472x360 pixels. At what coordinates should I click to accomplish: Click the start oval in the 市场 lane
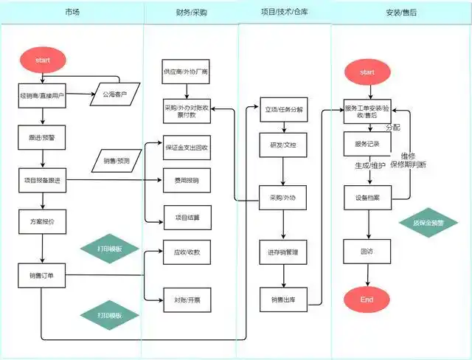(x=43, y=59)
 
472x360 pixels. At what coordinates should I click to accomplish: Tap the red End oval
(x=367, y=299)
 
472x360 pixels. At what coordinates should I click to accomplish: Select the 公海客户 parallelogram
(x=114, y=94)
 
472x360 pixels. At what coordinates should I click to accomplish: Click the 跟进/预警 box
(x=42, y=136)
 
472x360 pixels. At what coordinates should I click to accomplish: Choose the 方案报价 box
(x=42, y=221)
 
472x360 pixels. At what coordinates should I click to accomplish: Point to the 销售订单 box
(x=42, y=276)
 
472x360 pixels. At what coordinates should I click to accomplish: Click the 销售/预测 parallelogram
(x=117, y=160)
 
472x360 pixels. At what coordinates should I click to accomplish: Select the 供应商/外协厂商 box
(x=186, y=72)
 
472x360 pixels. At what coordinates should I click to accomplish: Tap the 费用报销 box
(x=186, y=180)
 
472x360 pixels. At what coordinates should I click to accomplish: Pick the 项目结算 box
(x=186, y=217)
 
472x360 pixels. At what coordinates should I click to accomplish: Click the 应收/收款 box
(x=186, y=252)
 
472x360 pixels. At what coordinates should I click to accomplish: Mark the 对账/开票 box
(x=186, y=300)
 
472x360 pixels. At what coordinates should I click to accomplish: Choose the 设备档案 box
(x=367, y=198)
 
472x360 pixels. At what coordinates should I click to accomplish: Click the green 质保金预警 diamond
(x=423, y=222)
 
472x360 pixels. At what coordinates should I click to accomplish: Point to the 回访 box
(x=367, y=252)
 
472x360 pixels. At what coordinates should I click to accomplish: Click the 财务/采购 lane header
(x=190, y=13)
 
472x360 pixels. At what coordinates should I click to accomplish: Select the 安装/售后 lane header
(x=400, y=13)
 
